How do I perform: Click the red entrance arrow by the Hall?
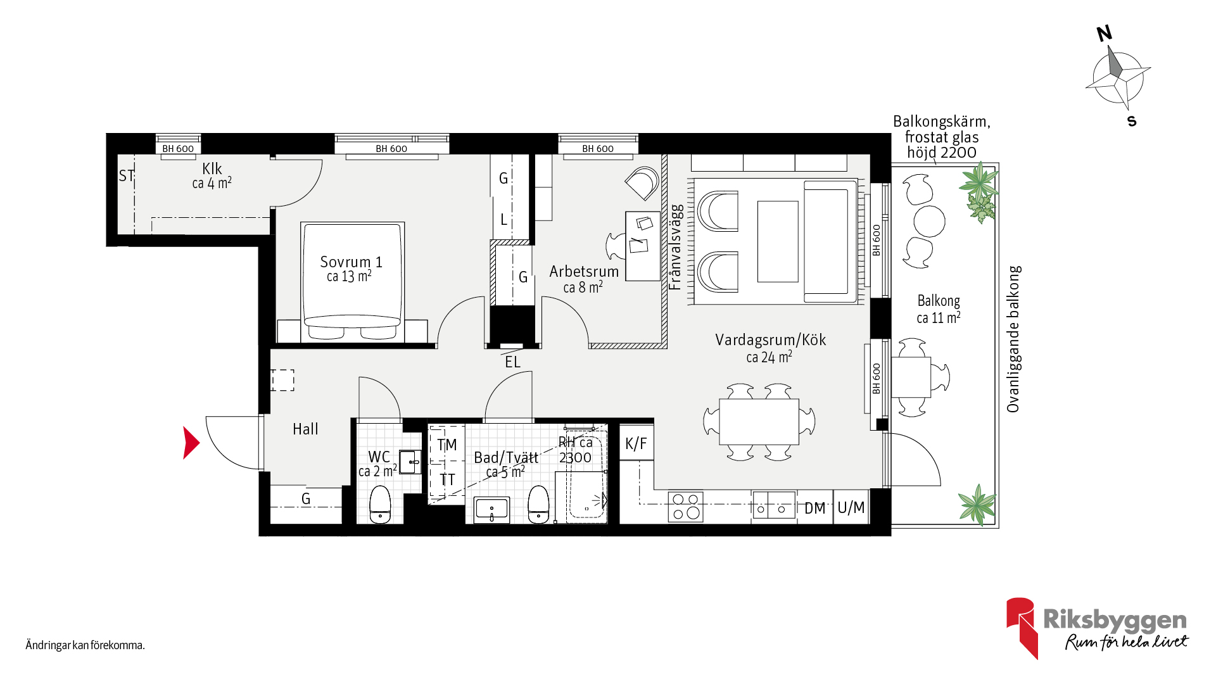tap(191, 443)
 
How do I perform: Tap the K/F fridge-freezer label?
tap(636, 443)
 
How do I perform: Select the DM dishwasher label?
tap(815, 509)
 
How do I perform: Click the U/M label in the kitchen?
tap(851, 507)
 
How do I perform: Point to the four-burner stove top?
tap(685, 507)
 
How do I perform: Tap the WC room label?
tap(379, 457)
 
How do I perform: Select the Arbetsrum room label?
tap(584, 272)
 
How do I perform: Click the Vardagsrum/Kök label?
tap(771, 340)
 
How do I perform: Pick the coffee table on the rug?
tap(778, 241)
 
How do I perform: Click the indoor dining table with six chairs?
tap(759, 421)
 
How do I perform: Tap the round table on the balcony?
tap(929, 221)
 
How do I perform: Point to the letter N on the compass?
tap(1105, 34)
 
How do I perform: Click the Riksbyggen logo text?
tap(1115, 620)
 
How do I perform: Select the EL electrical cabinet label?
tap(512, 362)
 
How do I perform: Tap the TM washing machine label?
tap(446, 445)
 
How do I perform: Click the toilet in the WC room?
tap(380, 504)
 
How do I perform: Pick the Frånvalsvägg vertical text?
tap(676, 247)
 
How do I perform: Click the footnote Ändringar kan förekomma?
tap(85, 645)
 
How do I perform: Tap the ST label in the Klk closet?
tap(127, 175)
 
